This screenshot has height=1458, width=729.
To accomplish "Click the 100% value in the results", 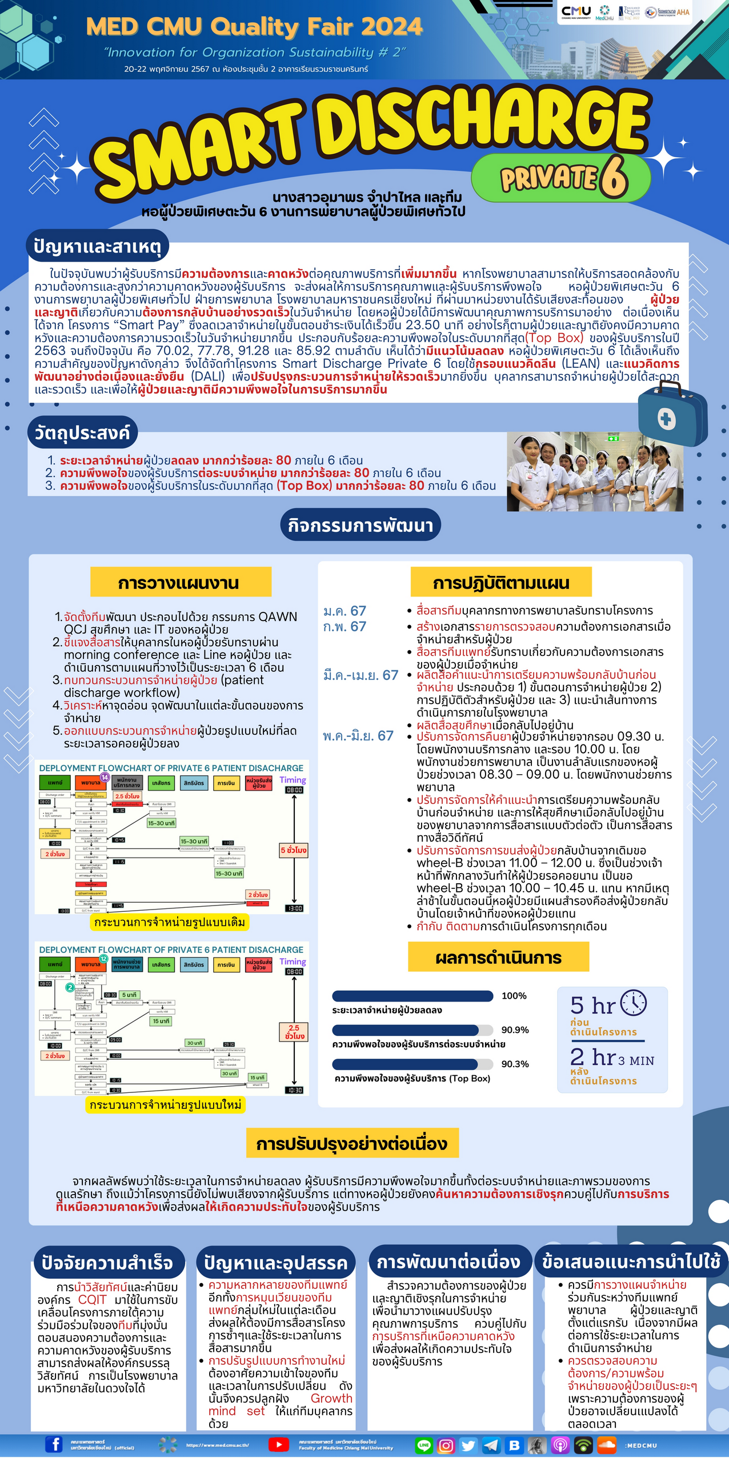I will tap(514, 996).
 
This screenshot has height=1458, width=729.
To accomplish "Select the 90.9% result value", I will tap(515, 1030).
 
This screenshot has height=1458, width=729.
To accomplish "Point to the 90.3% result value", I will tap(515, 1064).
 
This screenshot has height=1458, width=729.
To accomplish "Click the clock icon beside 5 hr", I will tap(634, 1003).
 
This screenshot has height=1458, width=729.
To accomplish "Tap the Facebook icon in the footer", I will tap(54, 1444).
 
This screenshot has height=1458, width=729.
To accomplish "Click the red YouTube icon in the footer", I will tap(278, 1444).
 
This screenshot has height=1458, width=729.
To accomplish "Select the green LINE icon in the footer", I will tap(424, 1445).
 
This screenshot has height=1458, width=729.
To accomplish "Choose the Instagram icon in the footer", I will tap(446, 1445).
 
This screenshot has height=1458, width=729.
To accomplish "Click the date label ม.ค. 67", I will tap(345, 611).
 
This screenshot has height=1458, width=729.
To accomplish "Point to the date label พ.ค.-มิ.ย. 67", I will tap(358, 736).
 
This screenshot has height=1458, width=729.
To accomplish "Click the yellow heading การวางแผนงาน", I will tap(179, 583).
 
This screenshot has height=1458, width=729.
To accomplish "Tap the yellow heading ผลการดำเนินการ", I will tap(498, 958).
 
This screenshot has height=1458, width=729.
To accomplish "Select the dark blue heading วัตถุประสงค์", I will tap(82, 432).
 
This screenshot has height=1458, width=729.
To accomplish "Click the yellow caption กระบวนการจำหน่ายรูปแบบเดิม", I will tap(170, 922).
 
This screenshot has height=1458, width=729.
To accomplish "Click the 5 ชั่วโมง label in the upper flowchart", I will tap(293, 850).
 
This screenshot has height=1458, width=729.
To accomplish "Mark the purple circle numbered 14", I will tap(105, 776).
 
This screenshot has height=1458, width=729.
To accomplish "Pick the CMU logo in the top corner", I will tap(576, 12).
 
